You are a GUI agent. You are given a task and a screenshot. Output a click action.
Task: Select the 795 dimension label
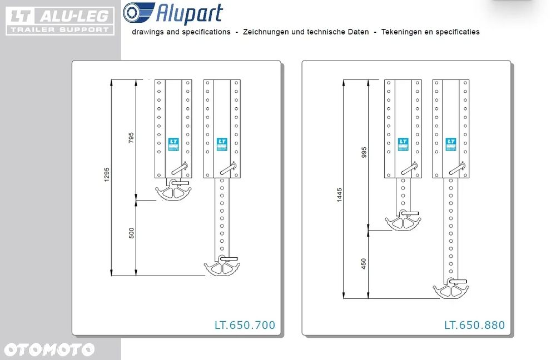pos(131,138)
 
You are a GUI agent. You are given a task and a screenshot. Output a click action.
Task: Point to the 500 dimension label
pos(131,233)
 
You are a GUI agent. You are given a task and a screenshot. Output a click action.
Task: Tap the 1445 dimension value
pos(340,196)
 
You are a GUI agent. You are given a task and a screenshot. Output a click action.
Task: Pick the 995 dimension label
pos(364,153)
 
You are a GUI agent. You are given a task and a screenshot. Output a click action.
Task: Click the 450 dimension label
pos(364,263)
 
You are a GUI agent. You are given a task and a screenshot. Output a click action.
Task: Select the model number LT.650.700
pos(245,325)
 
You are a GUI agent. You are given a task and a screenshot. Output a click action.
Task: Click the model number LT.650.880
pos(474,325)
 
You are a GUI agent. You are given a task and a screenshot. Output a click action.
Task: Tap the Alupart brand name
pos(188,13)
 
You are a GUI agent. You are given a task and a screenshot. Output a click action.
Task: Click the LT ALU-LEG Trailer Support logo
pos(60,21)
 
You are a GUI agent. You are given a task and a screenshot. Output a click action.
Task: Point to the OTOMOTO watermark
pos(49,349)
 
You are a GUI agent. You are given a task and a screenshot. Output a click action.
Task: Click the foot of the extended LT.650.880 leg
pos(451,289)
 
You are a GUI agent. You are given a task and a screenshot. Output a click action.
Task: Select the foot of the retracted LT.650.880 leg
pos(403,222)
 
